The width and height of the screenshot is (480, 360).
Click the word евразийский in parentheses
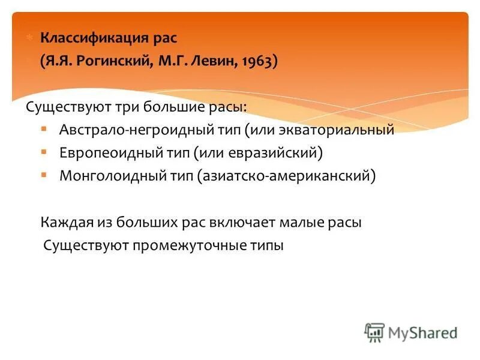point(274,152)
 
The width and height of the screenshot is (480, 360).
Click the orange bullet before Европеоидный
point(44,152)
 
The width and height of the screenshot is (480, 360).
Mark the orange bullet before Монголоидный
point(44,175)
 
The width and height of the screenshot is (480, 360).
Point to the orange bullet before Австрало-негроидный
point(44,129)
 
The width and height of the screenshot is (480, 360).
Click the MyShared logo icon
point(374,332)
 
